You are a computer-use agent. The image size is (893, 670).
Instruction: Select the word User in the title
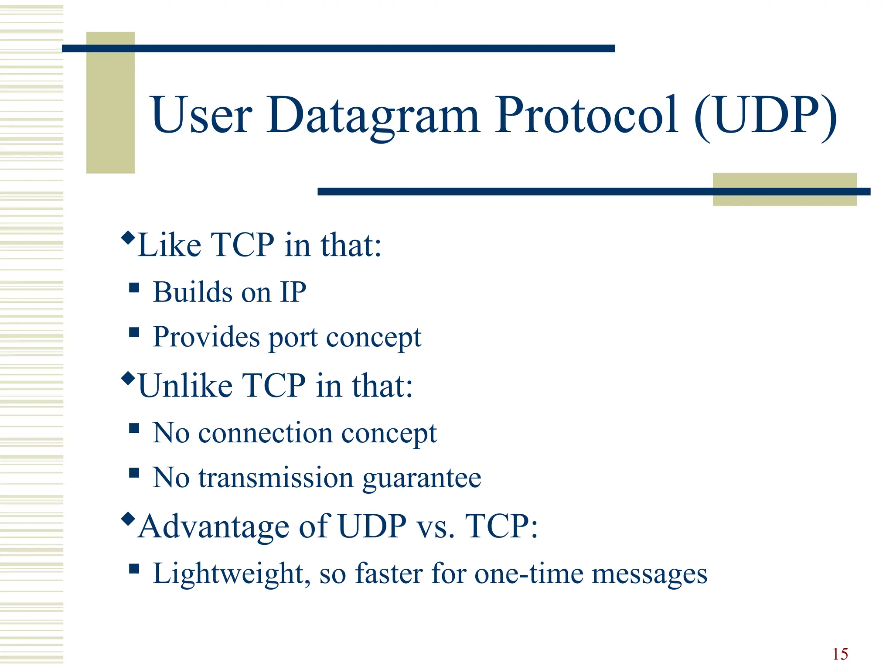click(x=201, y=116)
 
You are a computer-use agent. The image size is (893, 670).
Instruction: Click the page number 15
click(x=840, y=654)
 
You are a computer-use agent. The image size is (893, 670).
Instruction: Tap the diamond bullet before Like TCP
click(x=128, y=238)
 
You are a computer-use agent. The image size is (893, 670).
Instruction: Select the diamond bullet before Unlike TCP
click(x=128, y=378)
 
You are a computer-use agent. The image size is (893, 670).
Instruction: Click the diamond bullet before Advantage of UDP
click(x=128, y=519)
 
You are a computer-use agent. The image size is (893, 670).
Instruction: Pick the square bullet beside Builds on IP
click(x=134, y=288)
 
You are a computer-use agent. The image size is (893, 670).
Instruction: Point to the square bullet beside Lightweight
click(x=134, y=569)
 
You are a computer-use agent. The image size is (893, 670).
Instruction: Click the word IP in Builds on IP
click(x=293, y=292)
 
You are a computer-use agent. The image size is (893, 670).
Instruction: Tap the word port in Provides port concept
click(x=293, y=338)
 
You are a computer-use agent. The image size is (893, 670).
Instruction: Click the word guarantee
click(x=422, y=478)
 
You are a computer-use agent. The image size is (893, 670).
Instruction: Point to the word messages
click(x=649, y=574)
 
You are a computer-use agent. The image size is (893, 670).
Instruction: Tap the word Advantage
click(x=214, y=526)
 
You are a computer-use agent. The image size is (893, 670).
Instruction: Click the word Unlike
click(x=185, y=386)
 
